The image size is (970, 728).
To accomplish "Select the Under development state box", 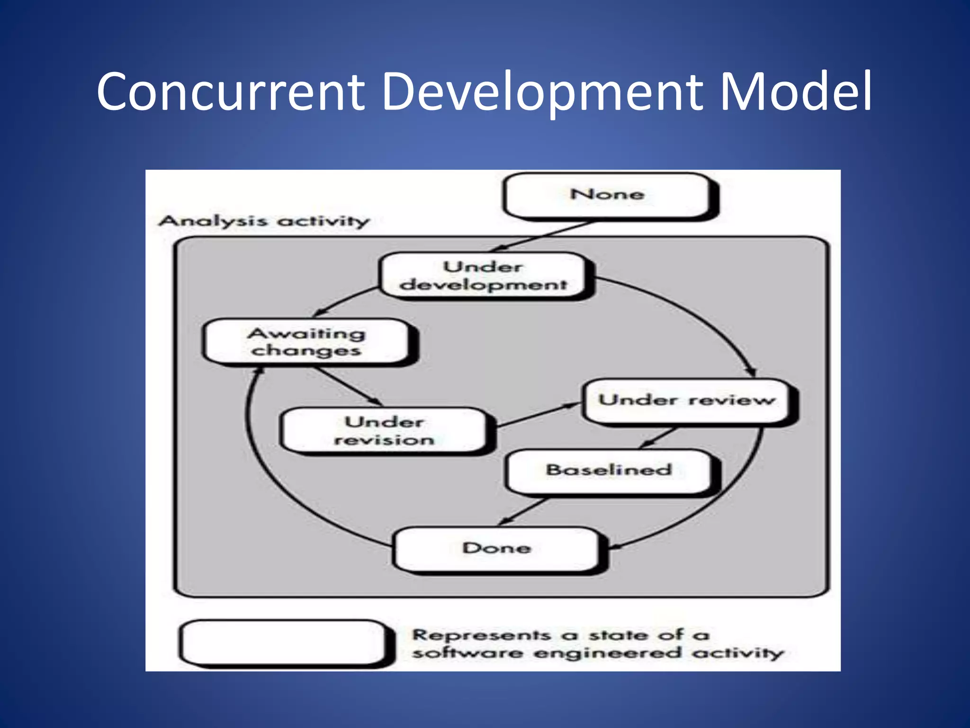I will pos(484,275).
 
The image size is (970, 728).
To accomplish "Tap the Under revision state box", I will pos(384,431).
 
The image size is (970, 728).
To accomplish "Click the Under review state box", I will pos(686,400).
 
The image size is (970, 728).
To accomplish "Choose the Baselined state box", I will pos(609,471).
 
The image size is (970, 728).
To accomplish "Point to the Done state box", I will pos(496,549).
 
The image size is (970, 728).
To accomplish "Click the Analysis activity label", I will pos(264,221).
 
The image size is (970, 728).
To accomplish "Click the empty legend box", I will pos(283,643).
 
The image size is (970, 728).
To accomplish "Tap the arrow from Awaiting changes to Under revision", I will pos(348,386).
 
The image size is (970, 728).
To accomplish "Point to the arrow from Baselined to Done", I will pos(523,511).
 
